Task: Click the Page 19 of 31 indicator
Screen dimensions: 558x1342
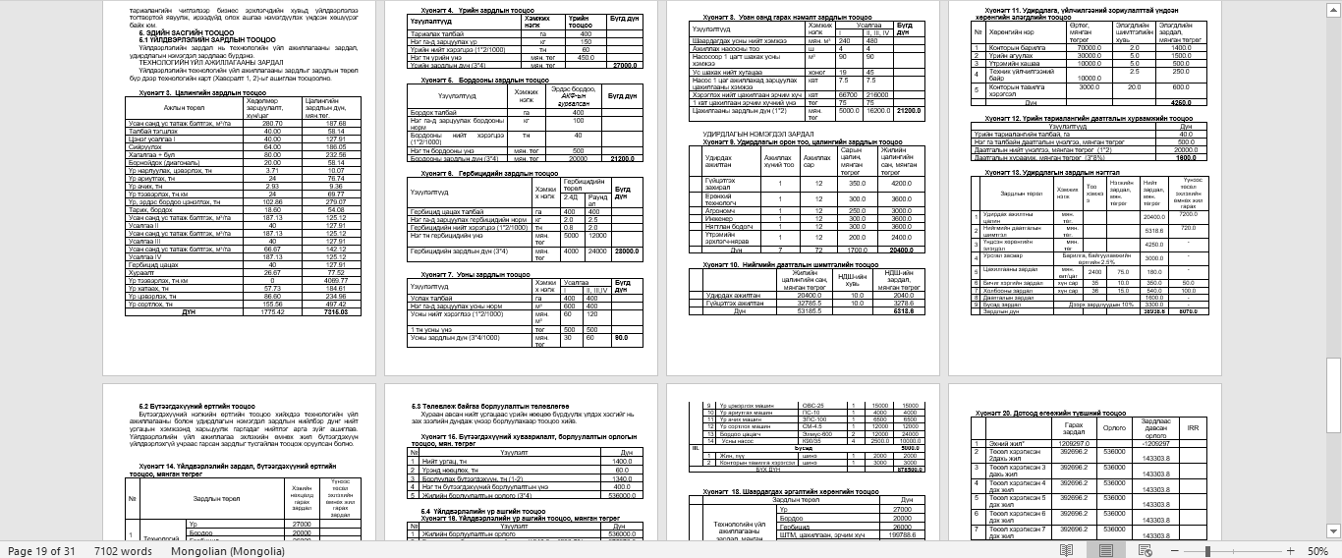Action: click(41, 550)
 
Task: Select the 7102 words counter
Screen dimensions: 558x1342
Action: click(123, 550)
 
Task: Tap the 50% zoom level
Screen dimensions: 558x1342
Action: click(1317, 550)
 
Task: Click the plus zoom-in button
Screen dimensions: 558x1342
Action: click(1289, 550)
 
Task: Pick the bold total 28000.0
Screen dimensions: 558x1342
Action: click(625, 251)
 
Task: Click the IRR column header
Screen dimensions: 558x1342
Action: click(1193, 428)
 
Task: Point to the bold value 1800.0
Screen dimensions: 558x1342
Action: click(1186, 157)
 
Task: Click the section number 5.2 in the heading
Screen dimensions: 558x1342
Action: click(143, 406)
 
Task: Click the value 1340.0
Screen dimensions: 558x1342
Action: click(621, 480)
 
